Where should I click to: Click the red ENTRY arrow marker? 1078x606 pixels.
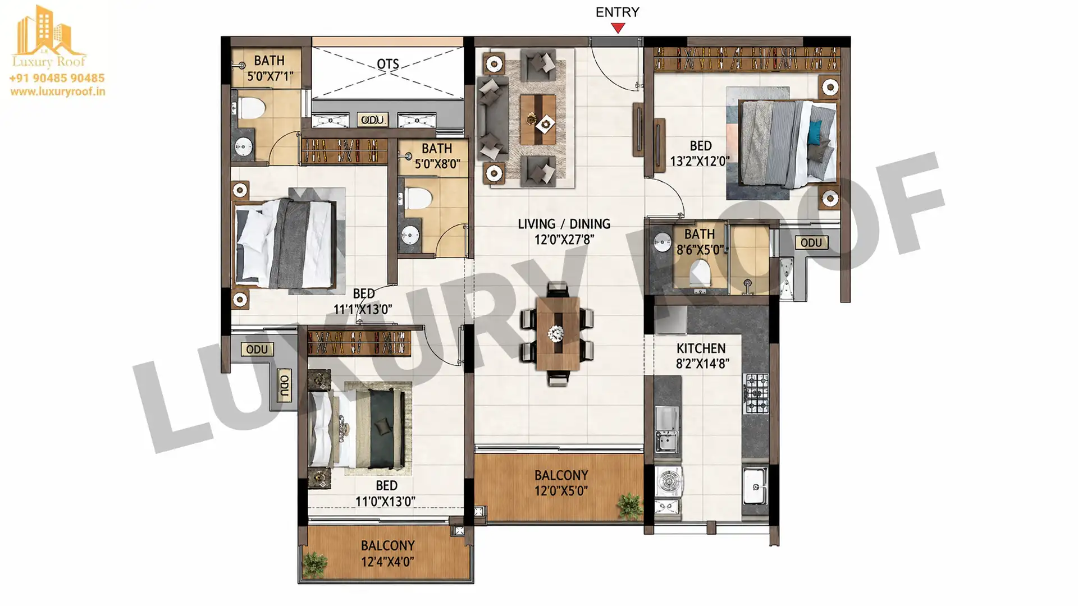[618, 27]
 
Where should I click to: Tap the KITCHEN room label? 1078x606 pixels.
[701, 348]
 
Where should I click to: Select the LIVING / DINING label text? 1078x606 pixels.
[564, 224]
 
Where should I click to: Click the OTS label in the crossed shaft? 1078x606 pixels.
[388, 64]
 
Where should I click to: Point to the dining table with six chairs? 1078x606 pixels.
[557, 334]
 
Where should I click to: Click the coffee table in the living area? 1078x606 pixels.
[538, 120]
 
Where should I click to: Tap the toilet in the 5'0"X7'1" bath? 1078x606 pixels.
[250, 108]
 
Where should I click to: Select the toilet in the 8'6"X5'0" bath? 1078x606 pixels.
[700, 274]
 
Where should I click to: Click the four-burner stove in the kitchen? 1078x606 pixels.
[756, 393]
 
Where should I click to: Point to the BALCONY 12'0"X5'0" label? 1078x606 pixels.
[561, 483]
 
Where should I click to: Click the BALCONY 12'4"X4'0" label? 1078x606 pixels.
[387, 553]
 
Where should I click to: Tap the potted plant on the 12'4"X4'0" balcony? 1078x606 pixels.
[314, 564]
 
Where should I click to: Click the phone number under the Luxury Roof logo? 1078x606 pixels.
[57, 78]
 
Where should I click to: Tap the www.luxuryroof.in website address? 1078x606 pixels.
[57, 91]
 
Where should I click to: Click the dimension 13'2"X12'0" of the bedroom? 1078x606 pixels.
[700, 161]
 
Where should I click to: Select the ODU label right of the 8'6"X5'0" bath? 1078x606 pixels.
[811, 242]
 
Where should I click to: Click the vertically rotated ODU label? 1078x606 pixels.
[285, 385]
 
